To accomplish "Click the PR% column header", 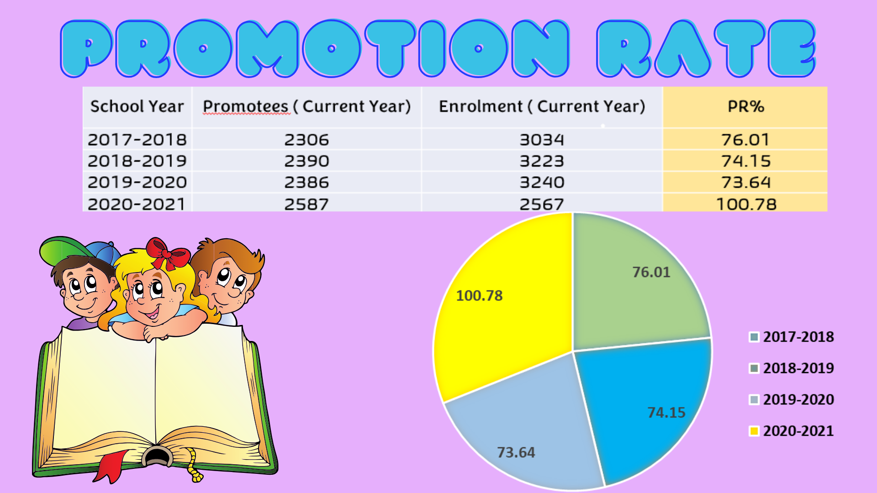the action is coord(745,106).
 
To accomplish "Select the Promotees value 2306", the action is coord(306,140).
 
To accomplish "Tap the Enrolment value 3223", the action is coord(542,161).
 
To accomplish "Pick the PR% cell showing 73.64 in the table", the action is coord(745,183).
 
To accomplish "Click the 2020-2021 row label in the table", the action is coord(137,204).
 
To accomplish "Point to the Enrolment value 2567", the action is coord(542,204).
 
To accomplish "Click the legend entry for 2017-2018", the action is coord(792,337).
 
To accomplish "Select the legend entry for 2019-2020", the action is coord(792,399).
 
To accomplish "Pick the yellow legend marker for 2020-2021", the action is coord(754,431).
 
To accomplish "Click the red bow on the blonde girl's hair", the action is coord(167,254).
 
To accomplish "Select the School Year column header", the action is coord(137,106).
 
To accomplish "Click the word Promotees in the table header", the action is coord(246,106).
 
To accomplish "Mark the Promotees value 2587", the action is coord(306,204).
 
